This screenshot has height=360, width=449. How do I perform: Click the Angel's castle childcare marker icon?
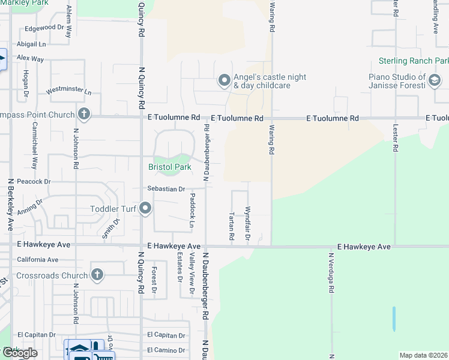(x=224, y=80)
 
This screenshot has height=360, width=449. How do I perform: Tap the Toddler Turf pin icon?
(x=145, y=209)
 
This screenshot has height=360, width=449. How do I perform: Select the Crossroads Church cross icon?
(x=97, y=275)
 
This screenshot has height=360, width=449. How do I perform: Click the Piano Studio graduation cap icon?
(x=435, y=80)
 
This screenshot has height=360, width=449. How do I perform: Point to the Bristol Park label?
(x=170, y=167)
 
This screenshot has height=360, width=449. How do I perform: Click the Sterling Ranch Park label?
(x=413, y=61)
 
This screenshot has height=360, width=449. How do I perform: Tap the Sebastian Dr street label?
(x=166, y=188)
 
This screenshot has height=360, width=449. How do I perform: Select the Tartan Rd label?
(x=232, y=226)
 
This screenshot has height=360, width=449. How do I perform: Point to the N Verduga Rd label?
(x=331, y=273)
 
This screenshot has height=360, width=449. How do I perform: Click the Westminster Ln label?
(x=69, y=92)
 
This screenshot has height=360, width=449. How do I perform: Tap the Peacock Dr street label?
(x=34, y=181)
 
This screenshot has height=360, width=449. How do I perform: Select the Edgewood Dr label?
(x=44, y=28)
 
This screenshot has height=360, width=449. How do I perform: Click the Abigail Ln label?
(x=32, y=44)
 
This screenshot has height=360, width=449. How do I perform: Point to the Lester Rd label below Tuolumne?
(x=396, y=142)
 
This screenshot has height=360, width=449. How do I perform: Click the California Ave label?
(x=38, y=260)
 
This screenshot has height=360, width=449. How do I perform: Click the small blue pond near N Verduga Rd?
(x=393, y=319)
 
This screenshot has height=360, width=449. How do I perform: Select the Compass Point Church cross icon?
(x=84, y=114)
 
